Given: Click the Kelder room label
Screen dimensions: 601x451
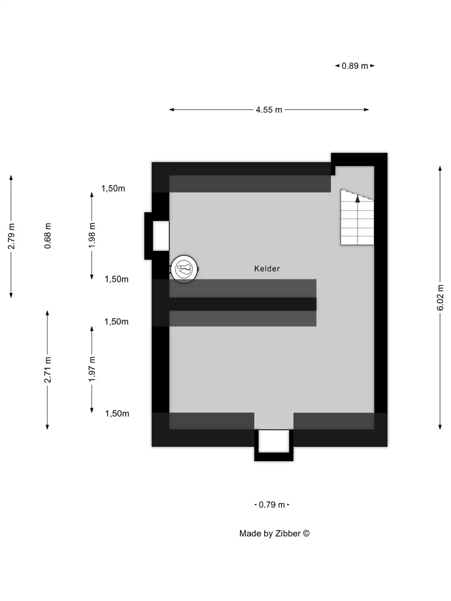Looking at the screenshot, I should click(x=267, y=269).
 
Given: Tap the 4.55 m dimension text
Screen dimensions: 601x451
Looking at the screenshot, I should click(x=269, y=110).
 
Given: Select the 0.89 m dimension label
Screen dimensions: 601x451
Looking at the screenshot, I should click(x=355, y=66).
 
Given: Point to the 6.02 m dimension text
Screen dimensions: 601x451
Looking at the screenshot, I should click(x=440, y=298).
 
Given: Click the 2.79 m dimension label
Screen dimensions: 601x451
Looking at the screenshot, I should click(x=11, y=236).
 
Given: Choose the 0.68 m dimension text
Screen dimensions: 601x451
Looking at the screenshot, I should click(x=48, y=236).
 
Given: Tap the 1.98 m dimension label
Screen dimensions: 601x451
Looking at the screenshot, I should click(x=92, y=235).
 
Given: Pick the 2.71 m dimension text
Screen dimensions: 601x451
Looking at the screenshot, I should click(x=48, y=370).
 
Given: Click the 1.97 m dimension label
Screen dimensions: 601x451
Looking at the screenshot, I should click(x=92, y=369).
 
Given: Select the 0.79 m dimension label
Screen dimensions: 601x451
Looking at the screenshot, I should click(x=272, y=505).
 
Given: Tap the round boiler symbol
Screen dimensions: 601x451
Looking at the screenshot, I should click(x=184, y=269).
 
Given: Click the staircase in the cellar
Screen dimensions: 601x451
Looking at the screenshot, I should click(x=357, y=223).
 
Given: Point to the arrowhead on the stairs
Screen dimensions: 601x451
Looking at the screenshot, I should click(x=357, y=199).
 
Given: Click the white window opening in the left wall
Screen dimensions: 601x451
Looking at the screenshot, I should click(x=161, y=236).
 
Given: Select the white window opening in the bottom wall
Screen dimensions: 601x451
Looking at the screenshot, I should click(x=274, y=441).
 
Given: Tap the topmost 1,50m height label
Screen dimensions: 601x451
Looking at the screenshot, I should click(x=113, y=188).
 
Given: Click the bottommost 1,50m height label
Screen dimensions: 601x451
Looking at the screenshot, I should click(x=117, y=413).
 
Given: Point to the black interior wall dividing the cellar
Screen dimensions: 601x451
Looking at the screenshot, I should click(x=242, y=304).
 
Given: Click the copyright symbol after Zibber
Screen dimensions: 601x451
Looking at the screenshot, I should click(x=306, y=533).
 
